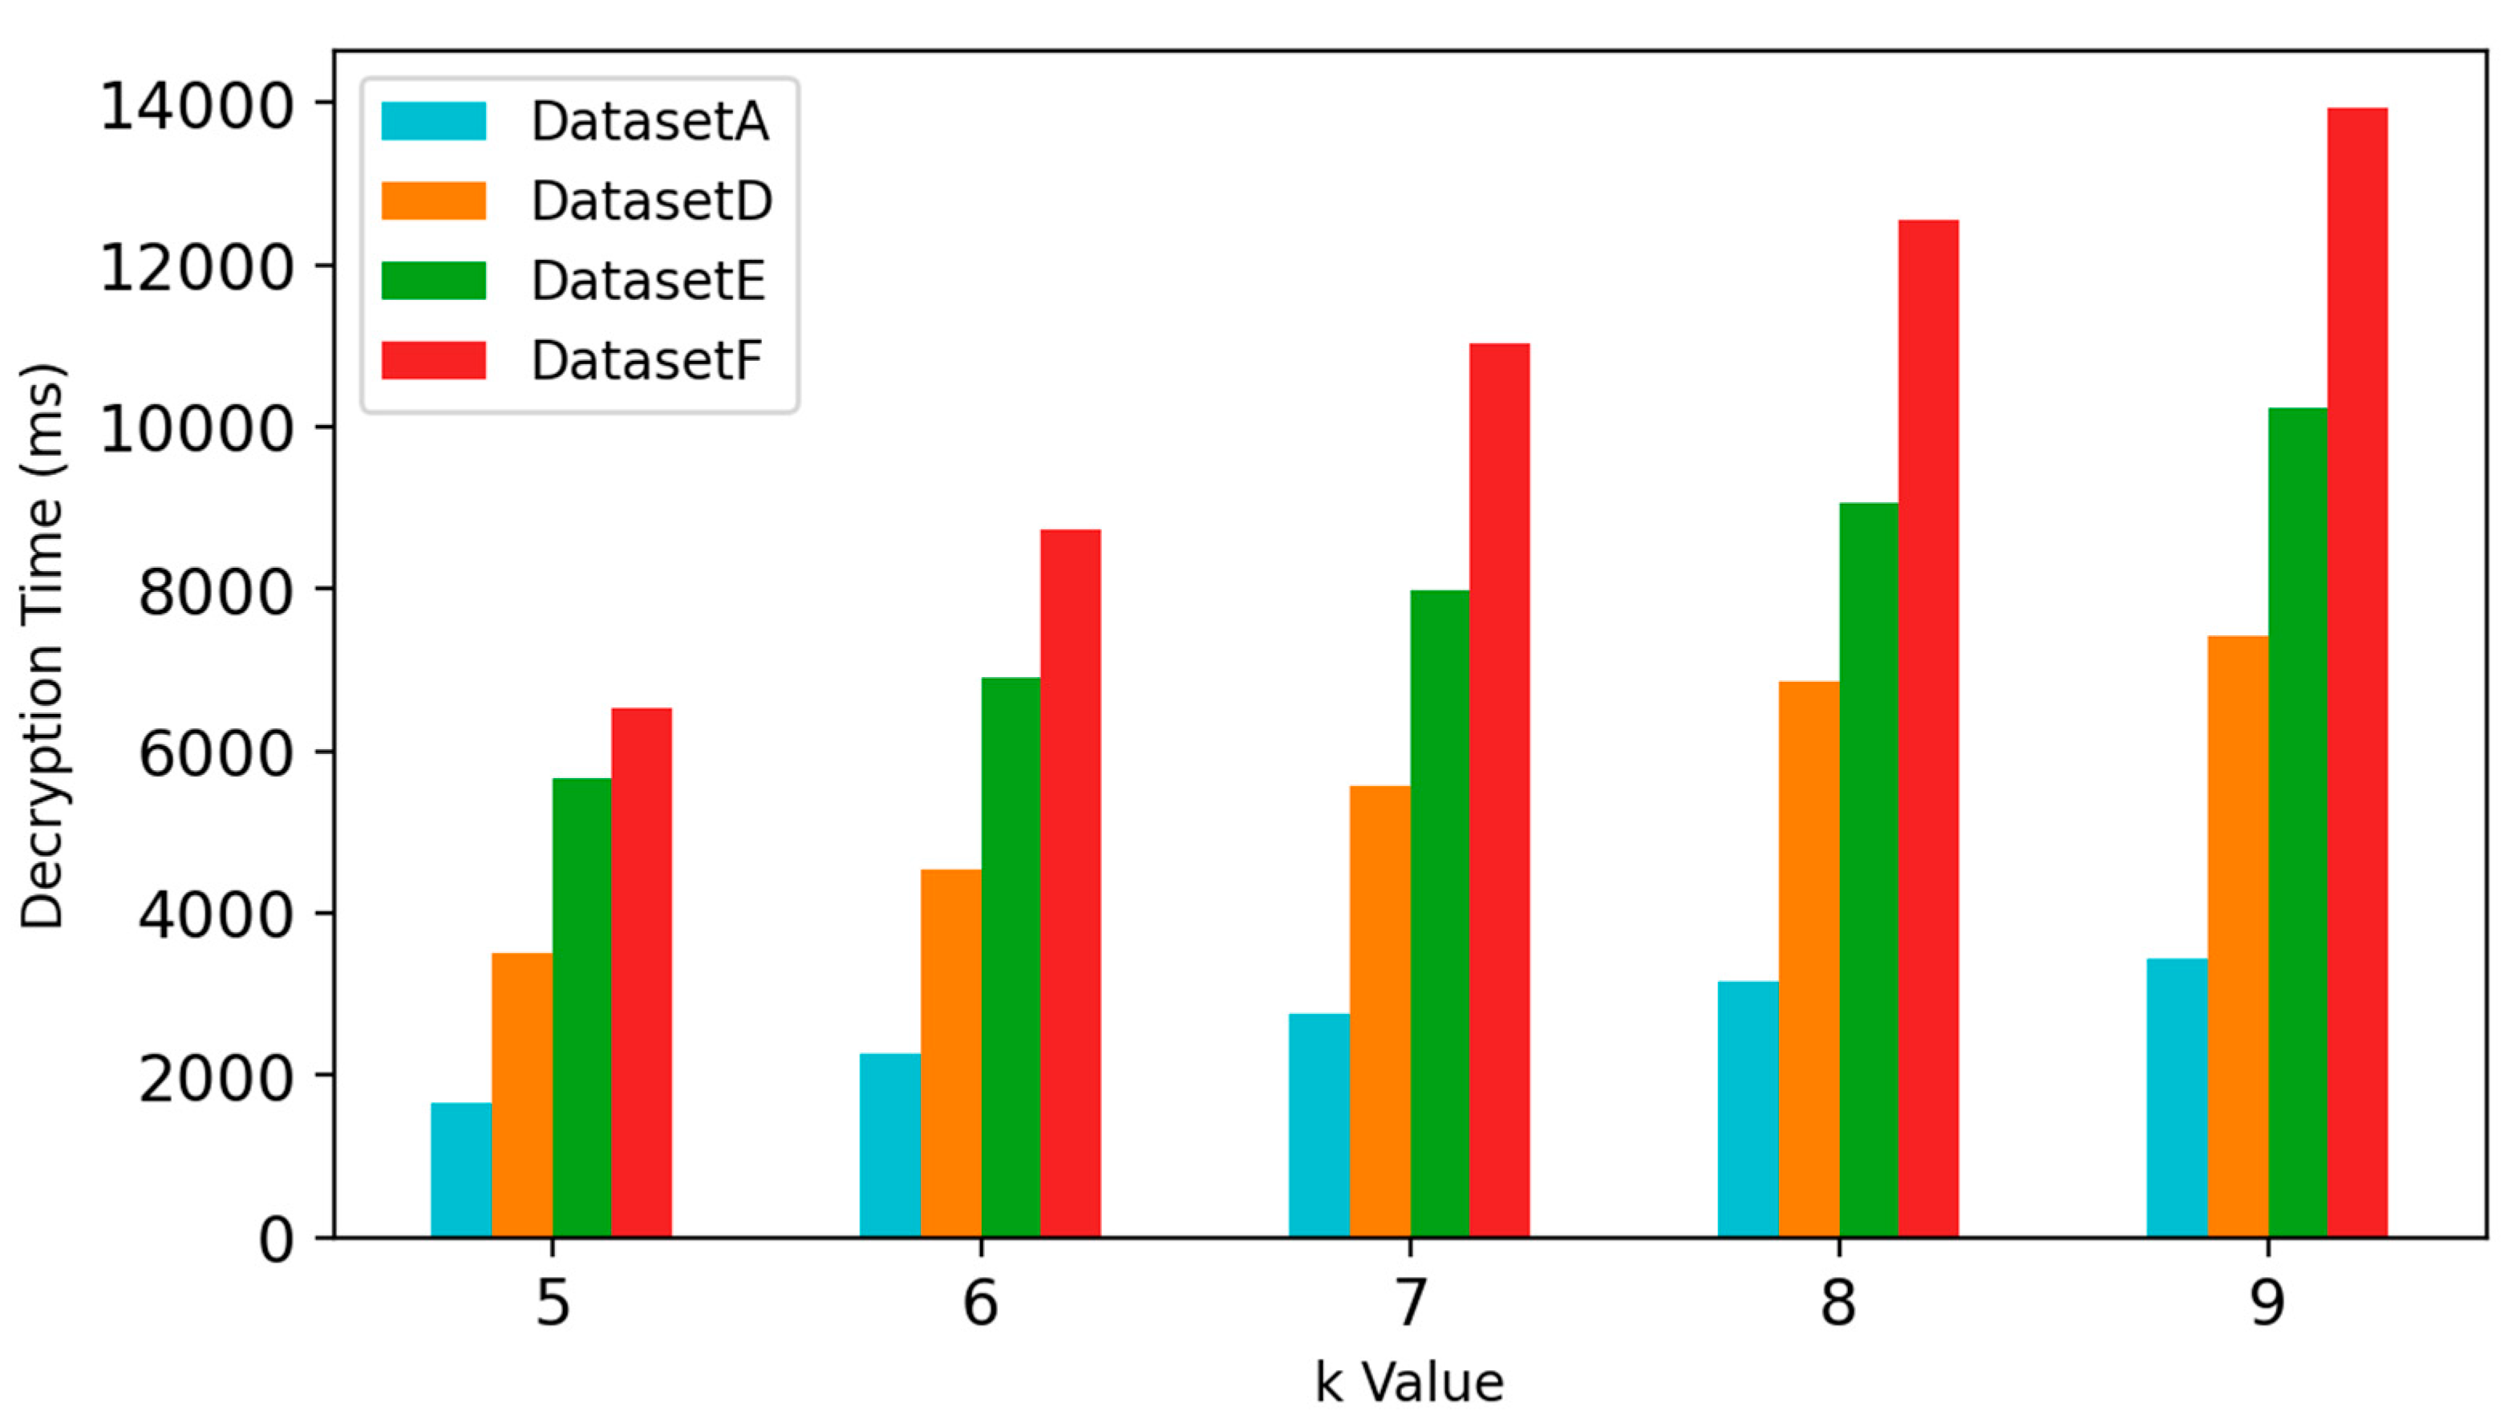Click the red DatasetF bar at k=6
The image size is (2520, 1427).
pyautogui.click(x=1070, y=883)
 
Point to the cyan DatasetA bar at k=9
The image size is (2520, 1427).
pyautogui.click(x=2176, y=1097)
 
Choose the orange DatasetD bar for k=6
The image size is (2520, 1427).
pyautogui.click(x=950, y=1052)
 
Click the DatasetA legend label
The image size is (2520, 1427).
pyautogui.click(x=650, y=122)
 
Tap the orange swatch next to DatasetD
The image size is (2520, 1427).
pyautogui.click(x=433, y=201)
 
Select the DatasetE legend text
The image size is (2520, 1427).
pyautogui.click(x=647, y=282)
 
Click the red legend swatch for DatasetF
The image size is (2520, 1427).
pyautogui.click(x=433, y=361)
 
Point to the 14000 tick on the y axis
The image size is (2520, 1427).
pyautogui.click(x=196, y=106)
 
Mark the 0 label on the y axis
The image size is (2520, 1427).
pyautogui.click(x=275, y=1240)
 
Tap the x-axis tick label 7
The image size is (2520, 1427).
pyautogui.click(x=1409, y=1303)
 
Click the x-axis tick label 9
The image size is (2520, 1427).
pyautogui.click(x=2267, y=1303)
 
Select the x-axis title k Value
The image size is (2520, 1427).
pyautogui.click(x=1409, y=1383)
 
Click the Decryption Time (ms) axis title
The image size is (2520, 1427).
pyautogui.click(x=41, y=647)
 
